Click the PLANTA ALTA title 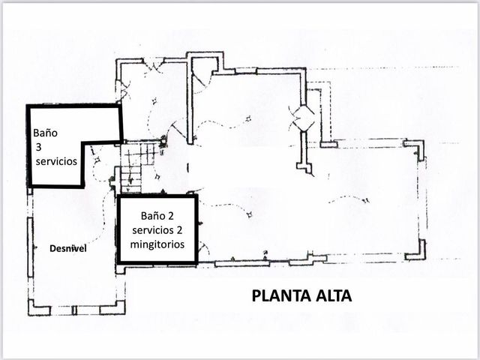(301, 295)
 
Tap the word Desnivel (68, 248)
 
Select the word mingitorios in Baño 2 (157, 244)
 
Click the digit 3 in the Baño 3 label (38, 147)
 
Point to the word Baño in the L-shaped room (45, 133)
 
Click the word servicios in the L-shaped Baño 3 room (56, 161)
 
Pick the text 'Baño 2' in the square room (157, 216)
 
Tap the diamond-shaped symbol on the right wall (303, 118)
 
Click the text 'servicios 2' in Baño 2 (157, 230)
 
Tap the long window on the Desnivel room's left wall (30, 247)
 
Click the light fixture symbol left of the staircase (98, 160)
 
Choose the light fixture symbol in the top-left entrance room (154, 100)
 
